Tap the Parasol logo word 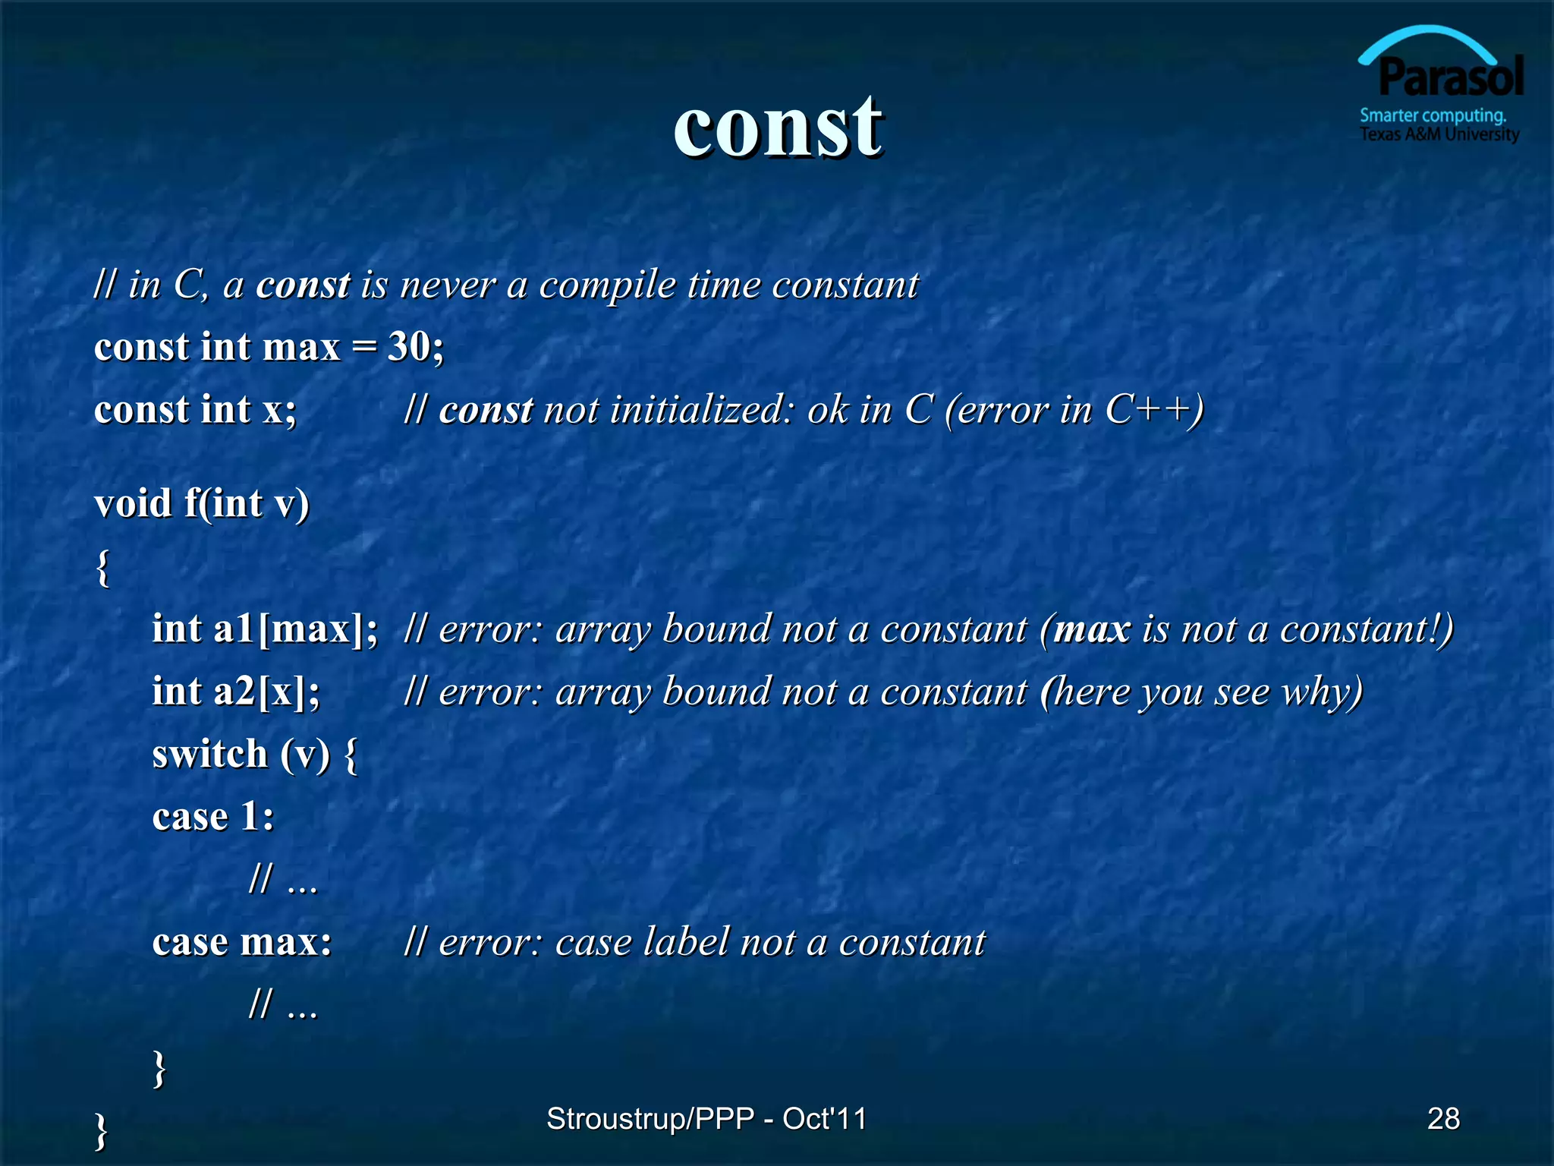click(x=1450, y=77)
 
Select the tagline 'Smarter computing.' click(x=1433, y=116)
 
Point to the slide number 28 click(x=1443, y=1118)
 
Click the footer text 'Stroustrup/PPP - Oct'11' click(x=706, y=1118)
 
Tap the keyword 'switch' click(x=210, y=755)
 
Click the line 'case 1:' click(x=213, y=817)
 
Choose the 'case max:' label click(x=242, y=942)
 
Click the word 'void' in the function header click(x=133, y=503)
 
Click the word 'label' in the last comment click(x=686, y=942)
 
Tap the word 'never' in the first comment click(x=448, y=285)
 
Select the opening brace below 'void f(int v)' click(x=103, y=567)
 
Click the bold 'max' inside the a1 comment click(x=1092, y=629)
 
